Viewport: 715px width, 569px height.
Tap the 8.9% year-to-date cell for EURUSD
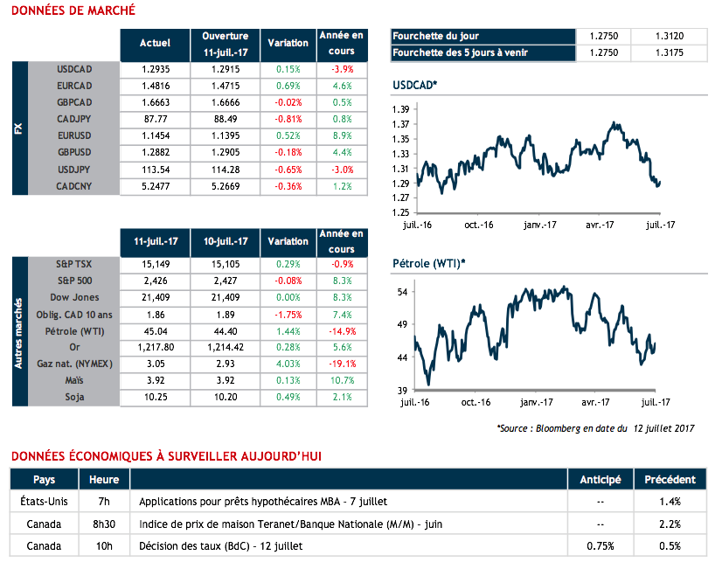(x=342, y=135)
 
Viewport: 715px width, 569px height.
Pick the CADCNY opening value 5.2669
(x=225, y=186)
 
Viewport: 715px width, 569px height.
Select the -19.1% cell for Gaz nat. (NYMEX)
(x=342, y=364)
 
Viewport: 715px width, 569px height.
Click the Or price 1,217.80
(x=155, y=347)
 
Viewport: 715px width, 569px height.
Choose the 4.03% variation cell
(x=288, y=364)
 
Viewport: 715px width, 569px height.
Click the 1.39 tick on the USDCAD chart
(x=401, y=109)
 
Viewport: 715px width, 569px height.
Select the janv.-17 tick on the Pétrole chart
(x=538, y=403)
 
